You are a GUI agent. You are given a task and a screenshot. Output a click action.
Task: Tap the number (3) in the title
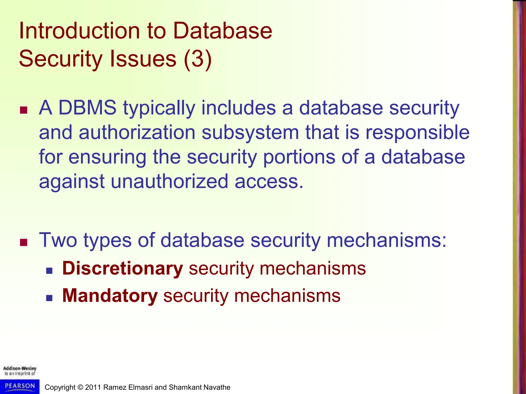click(198, 59)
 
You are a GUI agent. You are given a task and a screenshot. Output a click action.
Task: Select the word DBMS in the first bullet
click(87, 108)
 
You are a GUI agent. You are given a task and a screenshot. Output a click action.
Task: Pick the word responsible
click(417, 133)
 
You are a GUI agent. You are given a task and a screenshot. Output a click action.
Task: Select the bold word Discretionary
click(123, 268)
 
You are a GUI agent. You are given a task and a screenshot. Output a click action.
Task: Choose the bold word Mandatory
click(110, 296)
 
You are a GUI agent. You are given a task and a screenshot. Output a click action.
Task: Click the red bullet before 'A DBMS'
click(24, 110)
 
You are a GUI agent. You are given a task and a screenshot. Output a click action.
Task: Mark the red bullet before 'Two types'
click(24, 242)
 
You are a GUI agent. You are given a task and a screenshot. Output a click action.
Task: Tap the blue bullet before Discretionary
click(49, 271)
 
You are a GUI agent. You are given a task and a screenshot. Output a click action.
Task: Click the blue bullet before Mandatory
click(49, 298)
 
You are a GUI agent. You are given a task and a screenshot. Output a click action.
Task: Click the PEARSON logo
click(20, 386)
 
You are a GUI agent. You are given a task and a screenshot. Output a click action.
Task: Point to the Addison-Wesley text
click(20, 368)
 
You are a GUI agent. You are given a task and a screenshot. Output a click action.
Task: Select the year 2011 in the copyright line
click(93, 387)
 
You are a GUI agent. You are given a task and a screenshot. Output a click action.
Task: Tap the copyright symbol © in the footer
click(80, 387)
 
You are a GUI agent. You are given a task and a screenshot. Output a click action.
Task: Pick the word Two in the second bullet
click(58, 240)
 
